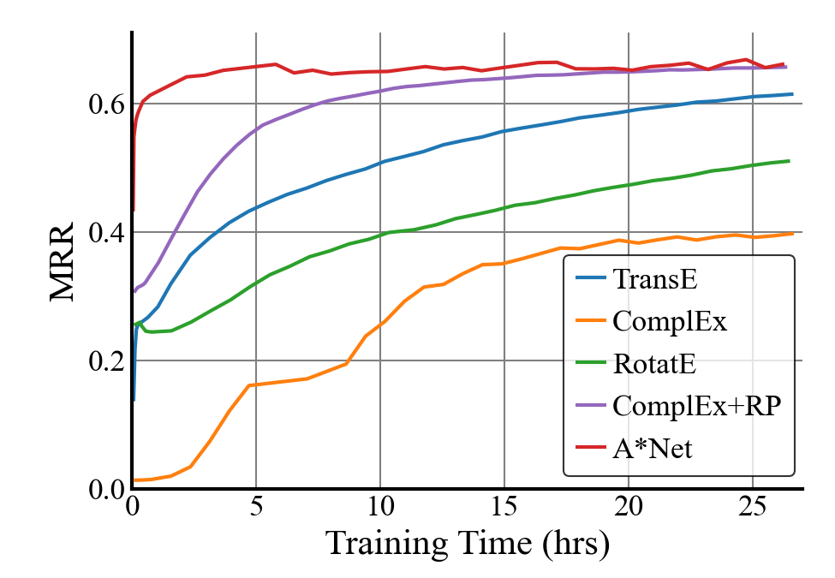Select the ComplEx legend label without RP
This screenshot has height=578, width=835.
[x=670, y=322]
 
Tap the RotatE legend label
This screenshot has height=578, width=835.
[x=654, y=364]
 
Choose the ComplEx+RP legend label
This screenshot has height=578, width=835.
[x=696, y=406]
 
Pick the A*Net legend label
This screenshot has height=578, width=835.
[x=652, y=448]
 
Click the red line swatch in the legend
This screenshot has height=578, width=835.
[x=587, y=448]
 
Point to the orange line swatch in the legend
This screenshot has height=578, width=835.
[x=587, y=322]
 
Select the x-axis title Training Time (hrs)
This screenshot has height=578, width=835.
[x=468, y=543]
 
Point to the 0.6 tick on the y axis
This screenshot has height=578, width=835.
[x=106, y=104]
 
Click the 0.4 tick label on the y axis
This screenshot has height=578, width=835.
[x=106, y=232]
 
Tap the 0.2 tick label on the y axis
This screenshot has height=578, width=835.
[x=106, y=361]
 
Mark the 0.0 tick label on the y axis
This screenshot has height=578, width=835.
[x=106, y=489]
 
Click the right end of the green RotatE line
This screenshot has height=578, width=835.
[x=789, y=161]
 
